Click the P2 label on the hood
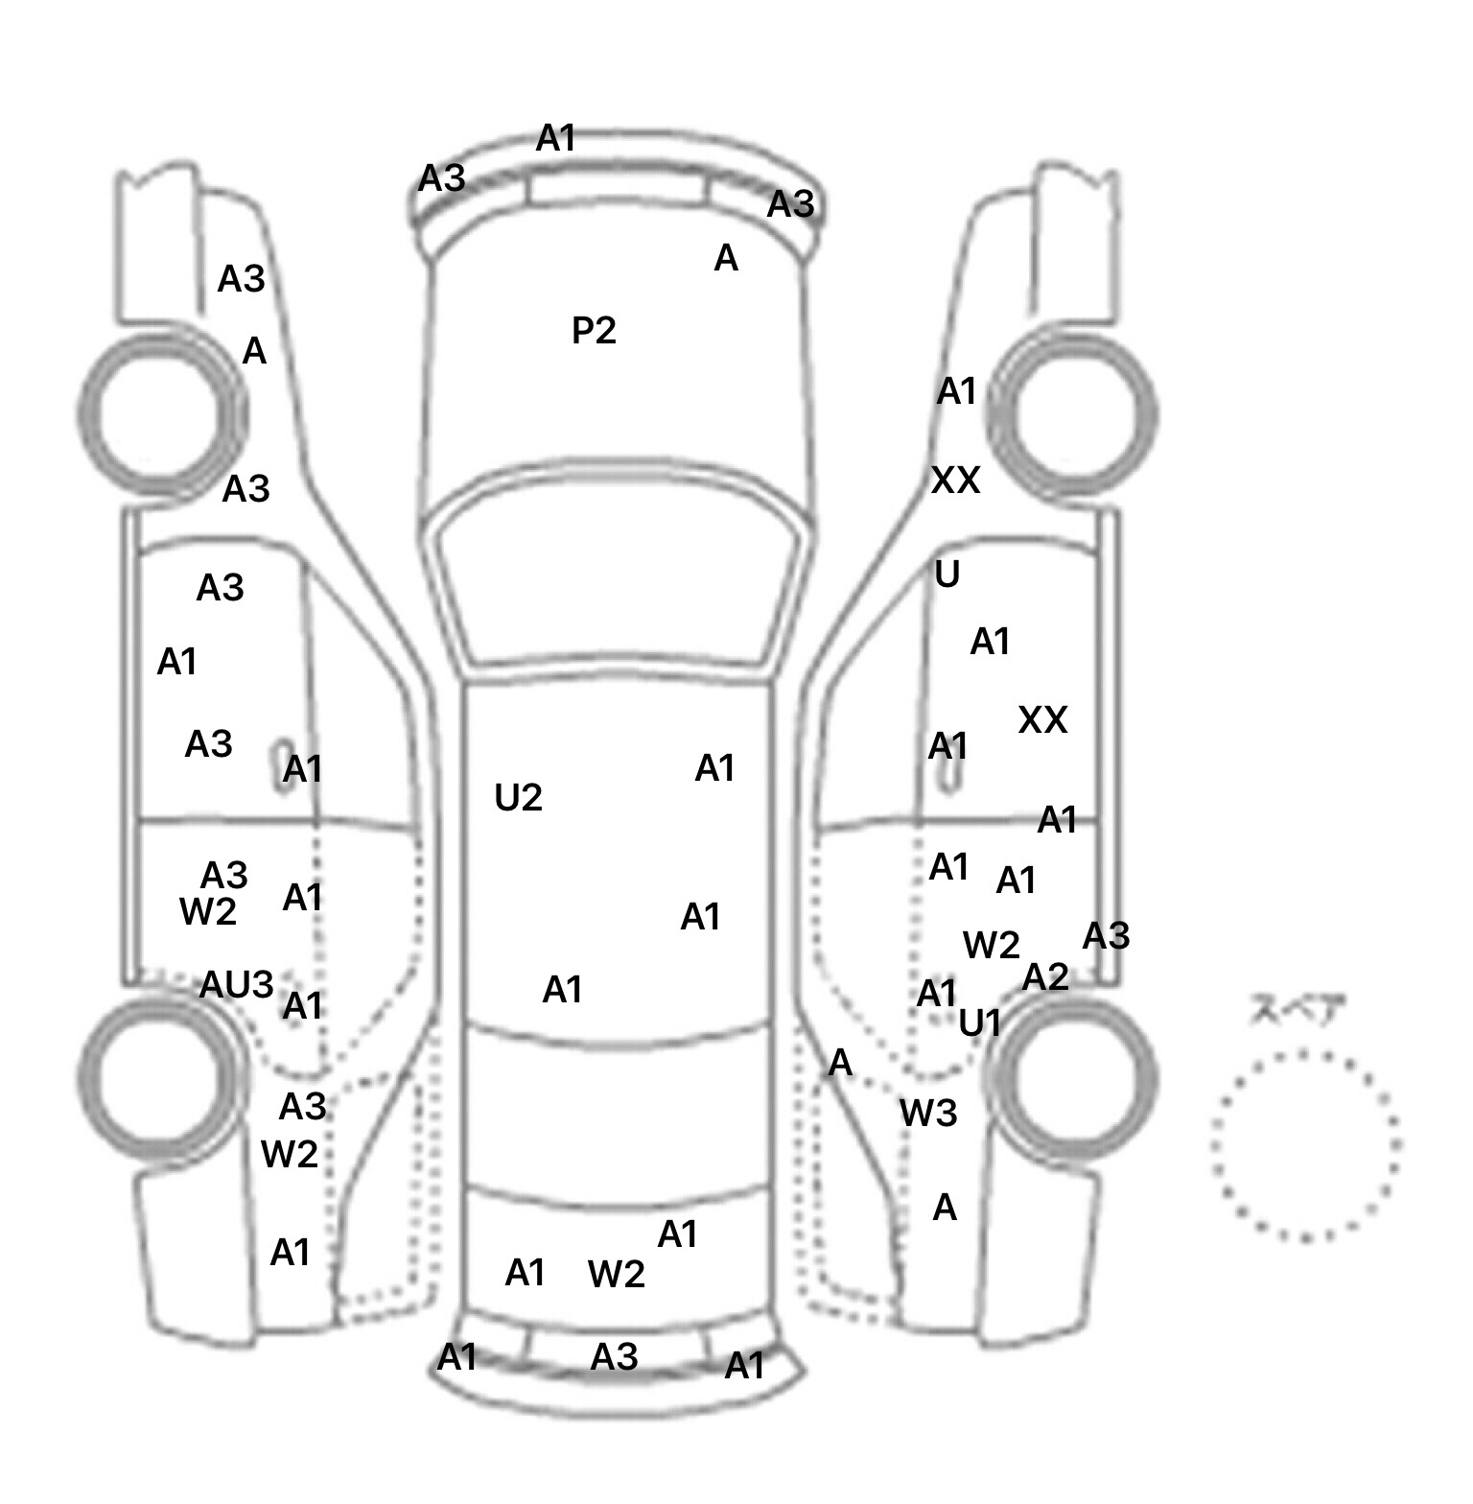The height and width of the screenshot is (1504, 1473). (594, 331)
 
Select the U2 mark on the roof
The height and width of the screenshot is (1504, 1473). (518, 797)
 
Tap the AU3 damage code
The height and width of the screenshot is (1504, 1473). (236, 984)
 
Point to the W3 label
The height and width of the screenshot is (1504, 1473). (928, 1114)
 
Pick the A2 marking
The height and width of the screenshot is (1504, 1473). (1045, 977)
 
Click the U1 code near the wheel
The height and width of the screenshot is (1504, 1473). (980, 1024)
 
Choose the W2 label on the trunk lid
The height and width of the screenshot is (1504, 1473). (616, 1274)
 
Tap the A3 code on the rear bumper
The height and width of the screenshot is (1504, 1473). (614, 1356)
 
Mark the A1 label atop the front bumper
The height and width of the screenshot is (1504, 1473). (556, 139)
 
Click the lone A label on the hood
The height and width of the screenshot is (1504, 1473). (726, 258)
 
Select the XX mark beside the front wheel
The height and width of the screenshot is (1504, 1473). (956, 480)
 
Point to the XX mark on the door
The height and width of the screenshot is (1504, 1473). (1042, 719)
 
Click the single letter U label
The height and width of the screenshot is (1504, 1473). (947, 575)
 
